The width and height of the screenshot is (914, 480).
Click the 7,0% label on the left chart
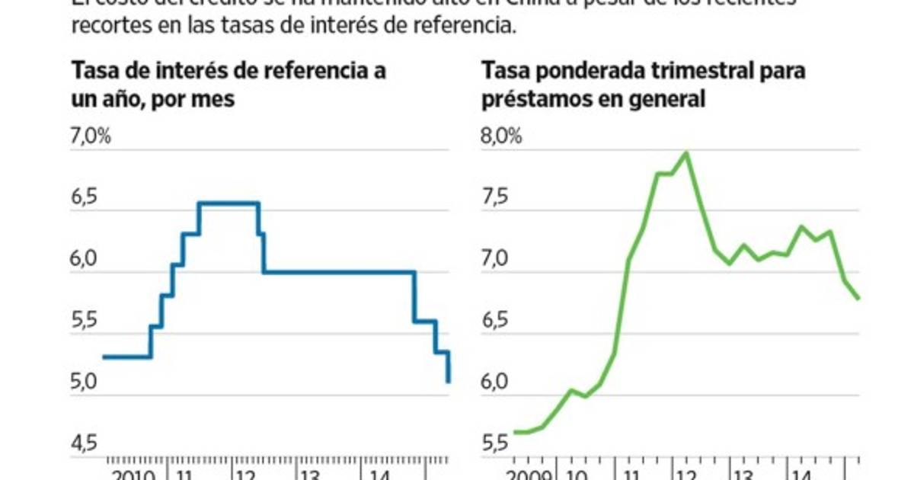click(91, 137)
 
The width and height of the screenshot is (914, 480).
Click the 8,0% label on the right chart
click(501, 137)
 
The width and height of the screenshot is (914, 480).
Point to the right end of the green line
click(858, 298)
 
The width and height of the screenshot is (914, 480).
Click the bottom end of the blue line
click(449, 381)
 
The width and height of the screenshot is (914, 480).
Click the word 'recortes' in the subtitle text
click(105, 25)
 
